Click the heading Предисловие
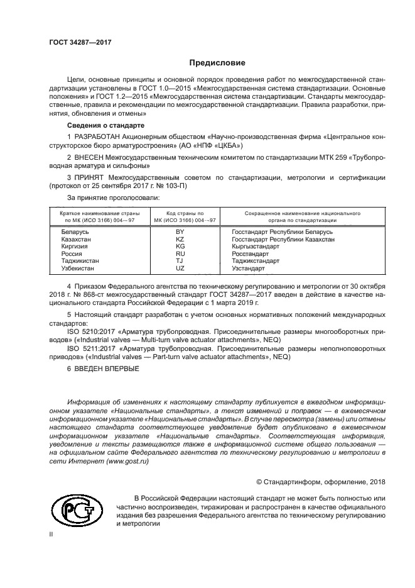coord(213,63)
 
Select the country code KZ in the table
coord(180,240)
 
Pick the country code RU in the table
coord(180,253)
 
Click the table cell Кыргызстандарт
coord(256,247)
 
